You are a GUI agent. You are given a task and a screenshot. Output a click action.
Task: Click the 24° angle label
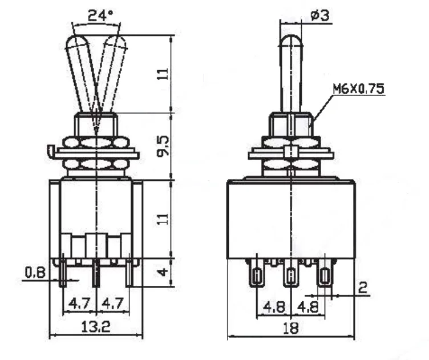pyautogui.click(x=100, y=15)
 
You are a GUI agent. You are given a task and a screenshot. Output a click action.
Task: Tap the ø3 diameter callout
pyautogui.click(x=319, y=15)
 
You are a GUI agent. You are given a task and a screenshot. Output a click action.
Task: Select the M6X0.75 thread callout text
pyautogui.click(x=358, y=88)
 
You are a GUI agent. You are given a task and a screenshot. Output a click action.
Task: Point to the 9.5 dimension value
pyautogui.click(x=163, y=147)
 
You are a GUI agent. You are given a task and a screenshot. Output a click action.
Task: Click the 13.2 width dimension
pyautogui.click(x=96, y=326)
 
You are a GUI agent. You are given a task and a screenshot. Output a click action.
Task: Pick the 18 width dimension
pyautogui.click(x=290, y=328)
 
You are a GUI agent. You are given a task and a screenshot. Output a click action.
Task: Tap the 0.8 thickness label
pyautogui.click(x=35, y=273)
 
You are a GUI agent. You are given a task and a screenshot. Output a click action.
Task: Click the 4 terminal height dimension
pyautogui.click(x=163, y=272)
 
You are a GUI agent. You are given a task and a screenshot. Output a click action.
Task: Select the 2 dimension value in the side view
pyautogui.click(x=362, y=288)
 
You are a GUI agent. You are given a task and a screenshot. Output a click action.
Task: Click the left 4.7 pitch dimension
pyautogui.click(x=80, y=304)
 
